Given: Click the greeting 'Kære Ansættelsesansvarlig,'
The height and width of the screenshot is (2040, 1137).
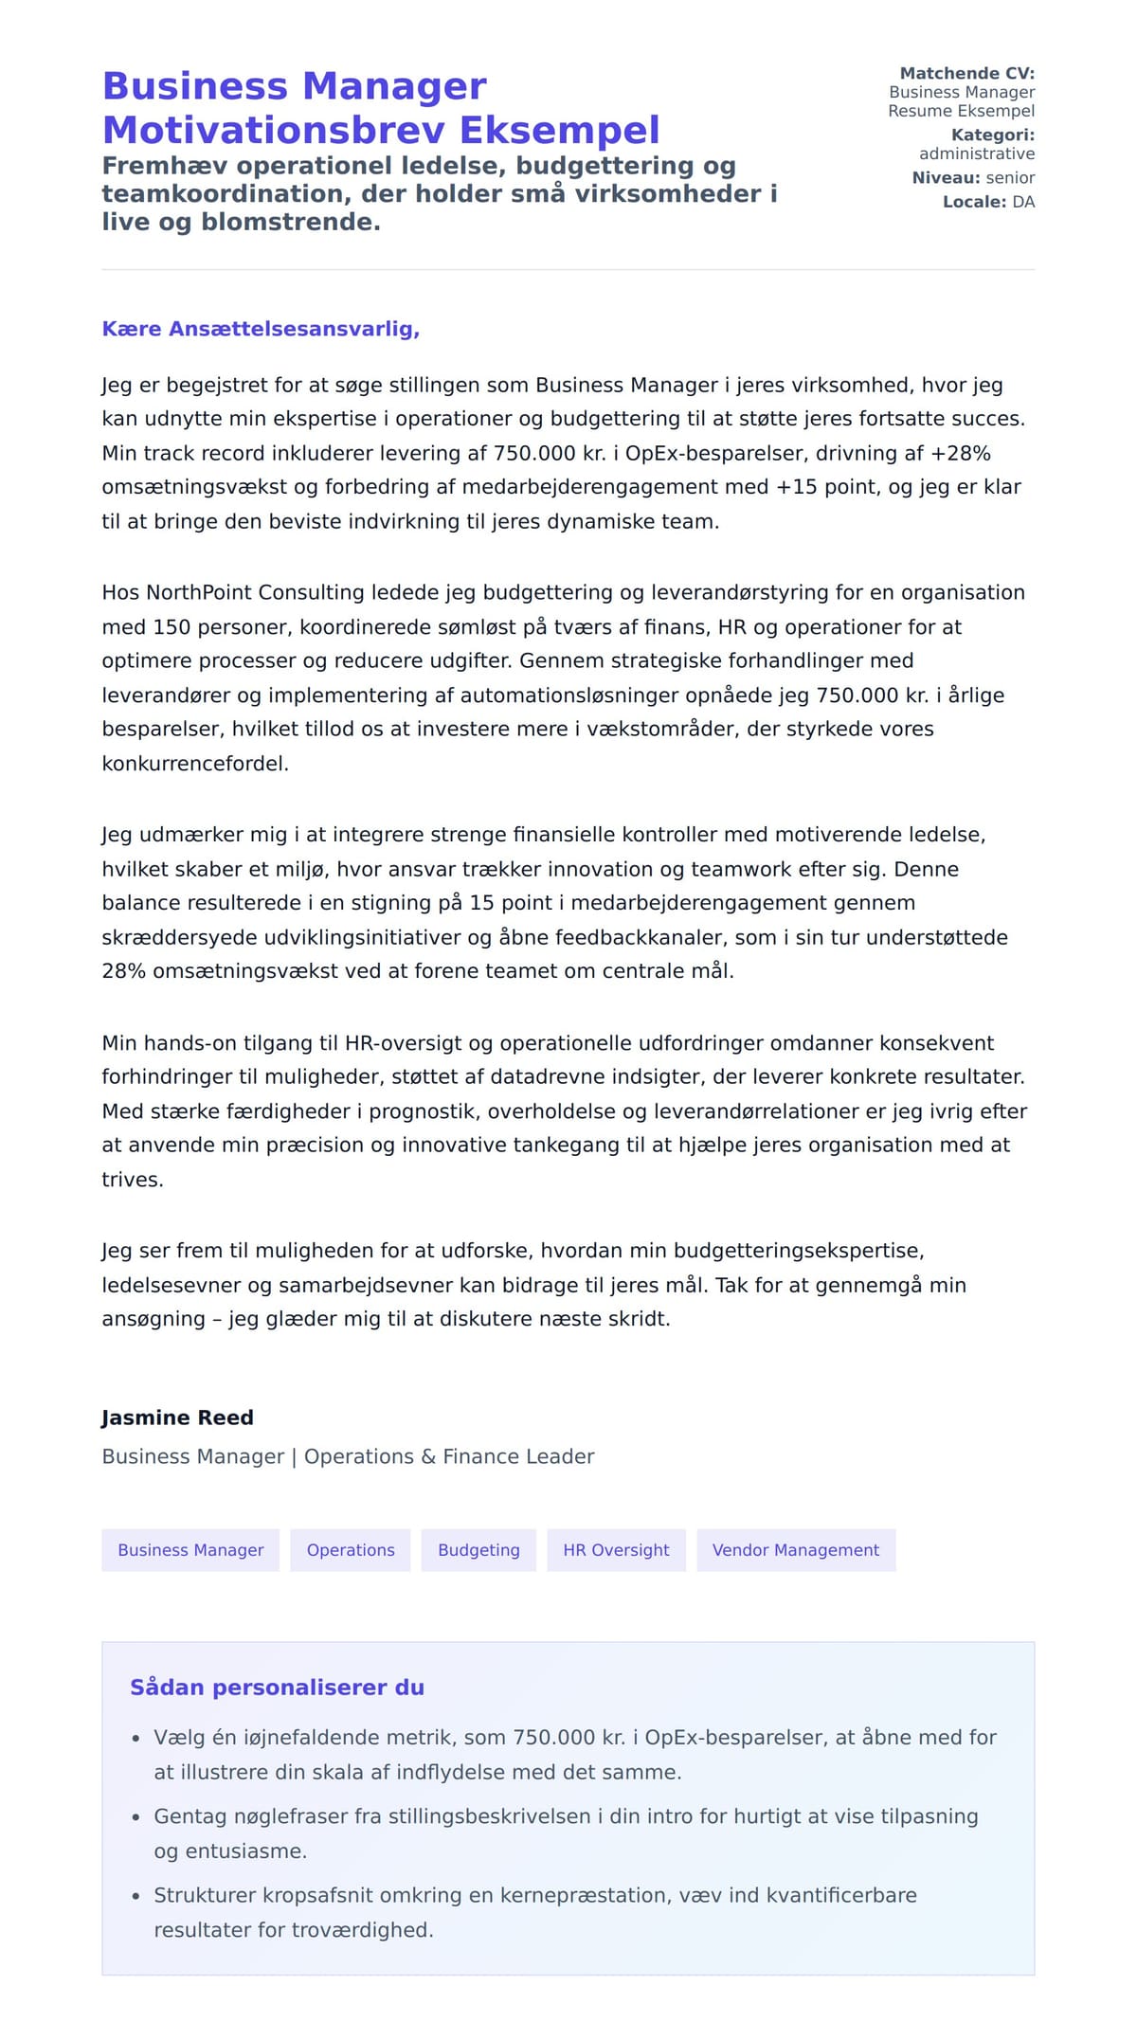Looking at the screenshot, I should click(x=261, y=329).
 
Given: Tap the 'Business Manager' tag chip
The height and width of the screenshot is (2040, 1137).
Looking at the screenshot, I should click(x=190, y=1550).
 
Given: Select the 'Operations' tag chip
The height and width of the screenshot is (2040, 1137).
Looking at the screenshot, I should click(x=351, y=1550).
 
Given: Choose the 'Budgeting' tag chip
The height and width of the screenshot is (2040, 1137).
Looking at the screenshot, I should click(x=478, y=1550).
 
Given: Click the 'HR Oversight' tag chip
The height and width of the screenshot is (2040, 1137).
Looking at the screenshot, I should click(x=616, y=1550).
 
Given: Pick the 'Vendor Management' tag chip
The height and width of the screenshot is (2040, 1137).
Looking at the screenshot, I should click(x=796, y=1550).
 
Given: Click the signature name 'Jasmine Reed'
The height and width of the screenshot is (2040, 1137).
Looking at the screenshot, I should click(x=178, y=1417).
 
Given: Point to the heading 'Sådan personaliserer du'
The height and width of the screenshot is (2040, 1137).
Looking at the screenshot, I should click(x=277, y=1688).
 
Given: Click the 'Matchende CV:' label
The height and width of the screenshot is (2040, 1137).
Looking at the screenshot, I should click(x=966, y=73).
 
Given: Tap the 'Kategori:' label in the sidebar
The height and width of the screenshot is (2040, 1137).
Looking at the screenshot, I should click(x=992, y=135).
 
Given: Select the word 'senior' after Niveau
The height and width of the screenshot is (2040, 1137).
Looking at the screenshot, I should click(x=1010, y=177).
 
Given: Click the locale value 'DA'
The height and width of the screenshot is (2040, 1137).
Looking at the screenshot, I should click(x=1023, y=202).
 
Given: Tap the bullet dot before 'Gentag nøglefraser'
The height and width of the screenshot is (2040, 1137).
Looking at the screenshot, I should click(x=135, y=1818).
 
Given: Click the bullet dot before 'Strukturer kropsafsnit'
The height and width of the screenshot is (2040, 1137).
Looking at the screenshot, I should click(x=135, y=1897).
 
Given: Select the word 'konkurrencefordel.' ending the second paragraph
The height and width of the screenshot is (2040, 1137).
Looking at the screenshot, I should click(x=195, y=764).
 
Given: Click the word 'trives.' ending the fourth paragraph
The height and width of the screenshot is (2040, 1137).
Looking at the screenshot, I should click(x=133, y=1180).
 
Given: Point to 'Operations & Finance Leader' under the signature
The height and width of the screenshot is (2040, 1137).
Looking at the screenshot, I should click(x=449, y=1456).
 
